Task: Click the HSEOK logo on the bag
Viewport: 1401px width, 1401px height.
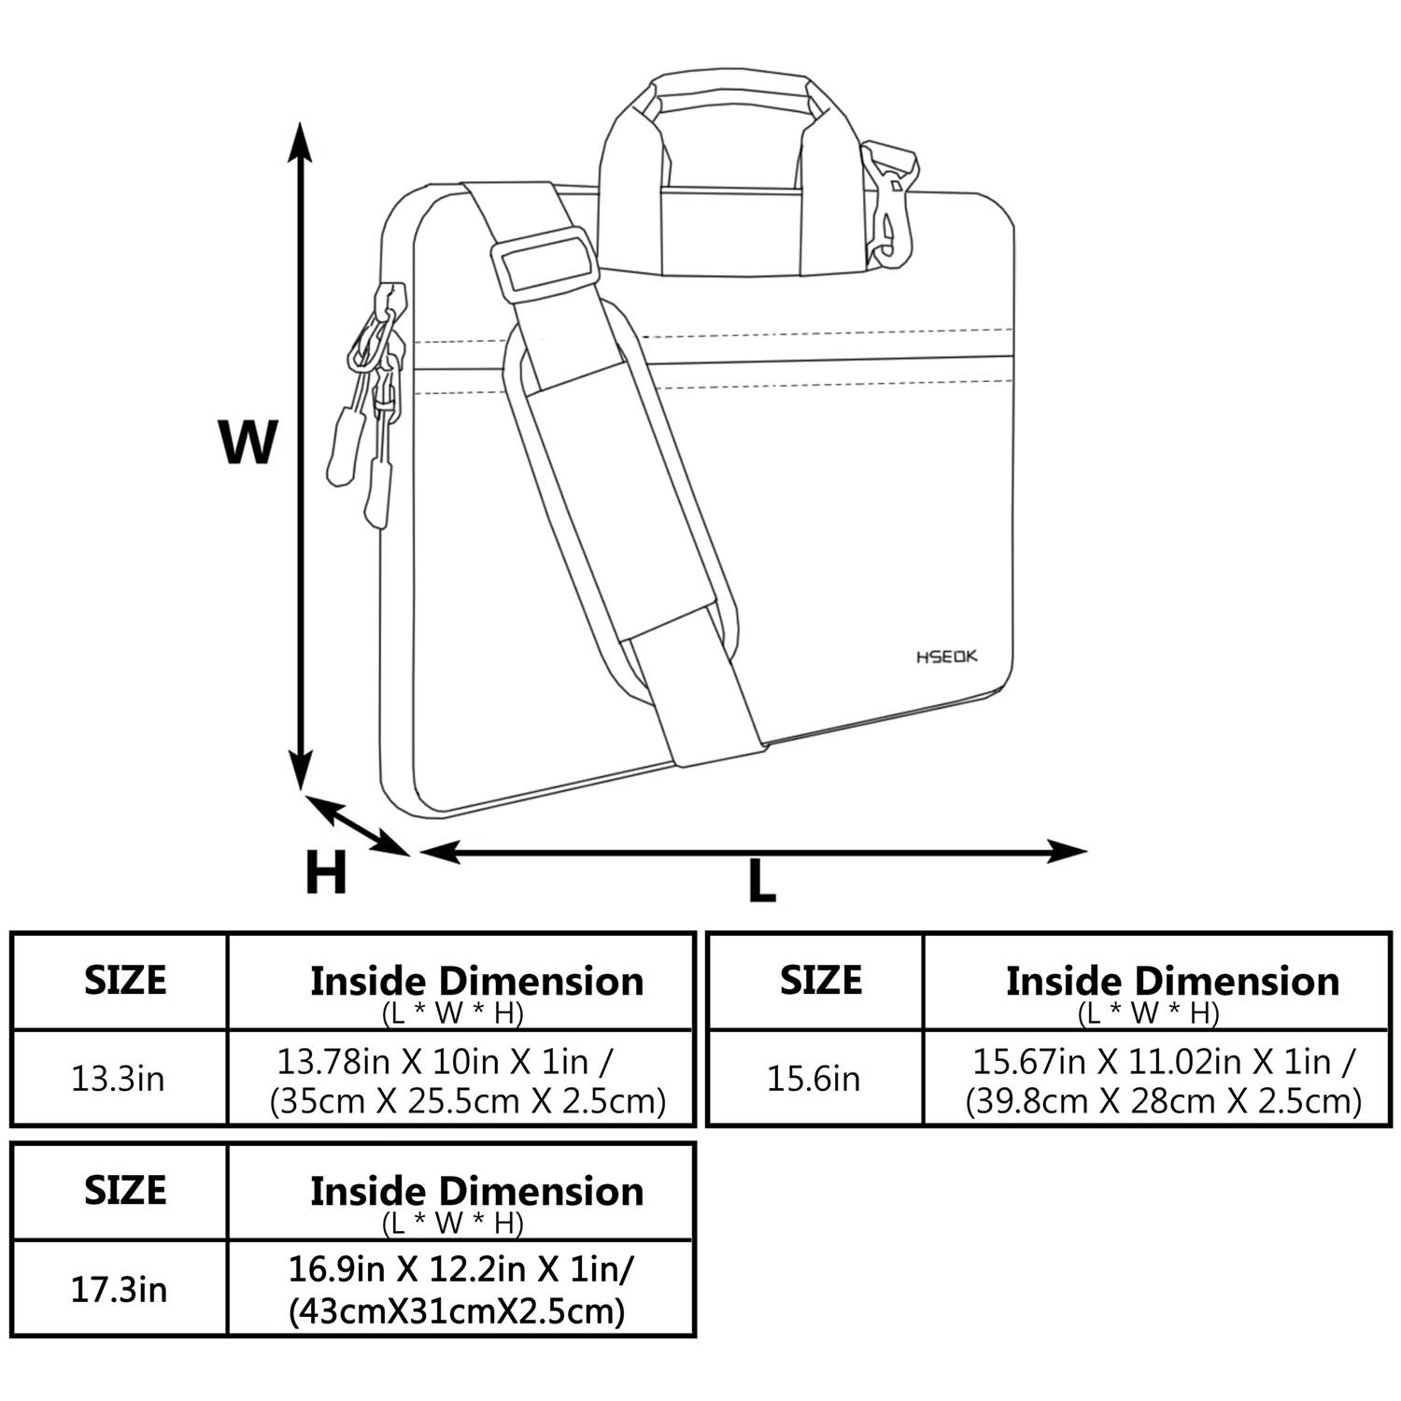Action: click(946, 657)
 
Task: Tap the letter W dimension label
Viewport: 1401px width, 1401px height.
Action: click(248, 442)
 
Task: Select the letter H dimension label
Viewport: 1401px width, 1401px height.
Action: click(326, 872)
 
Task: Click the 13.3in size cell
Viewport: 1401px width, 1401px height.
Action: click(119, 1079)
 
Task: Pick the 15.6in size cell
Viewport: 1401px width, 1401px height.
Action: click(814, 1079)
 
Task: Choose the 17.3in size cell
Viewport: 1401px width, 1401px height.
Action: click(119, 1290)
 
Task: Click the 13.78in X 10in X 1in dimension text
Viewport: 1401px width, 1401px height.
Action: click(446, 1061)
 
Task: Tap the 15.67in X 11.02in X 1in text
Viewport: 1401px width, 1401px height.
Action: click(1164, 1061)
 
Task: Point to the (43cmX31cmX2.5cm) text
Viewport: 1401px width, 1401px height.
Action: click(457, 1311)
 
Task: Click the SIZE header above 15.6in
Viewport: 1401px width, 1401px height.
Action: click(821, 980)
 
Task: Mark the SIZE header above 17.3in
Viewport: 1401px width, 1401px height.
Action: click(125, 1190)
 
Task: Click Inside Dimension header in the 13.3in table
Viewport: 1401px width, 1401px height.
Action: click(476, 981)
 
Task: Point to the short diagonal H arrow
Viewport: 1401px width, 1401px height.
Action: click(357, 824)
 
